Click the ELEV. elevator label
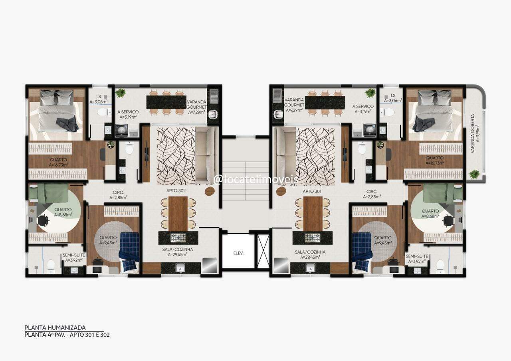238,253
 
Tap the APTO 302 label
176,191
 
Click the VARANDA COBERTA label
472,134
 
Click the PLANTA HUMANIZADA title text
55,328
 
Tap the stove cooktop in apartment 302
178,238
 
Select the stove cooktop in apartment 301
312,238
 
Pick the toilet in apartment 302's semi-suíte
51,265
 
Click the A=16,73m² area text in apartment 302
58,165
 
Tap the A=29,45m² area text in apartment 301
310,257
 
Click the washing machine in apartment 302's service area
121,129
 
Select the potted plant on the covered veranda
474,175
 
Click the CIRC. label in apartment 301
372,191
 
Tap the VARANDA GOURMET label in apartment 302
196,105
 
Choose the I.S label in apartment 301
393,95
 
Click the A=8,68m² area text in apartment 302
63,214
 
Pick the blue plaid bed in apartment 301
362,250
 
